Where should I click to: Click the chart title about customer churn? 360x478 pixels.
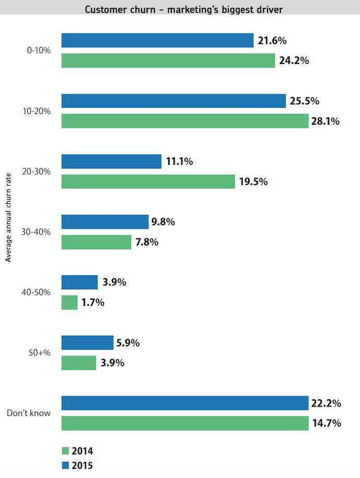pyautogui.click(x=180, y=9)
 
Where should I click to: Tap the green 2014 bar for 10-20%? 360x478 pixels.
pyautogui.click(x=185, y=121)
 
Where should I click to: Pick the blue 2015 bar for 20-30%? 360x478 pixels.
pyautogui.click(x=111, y=162)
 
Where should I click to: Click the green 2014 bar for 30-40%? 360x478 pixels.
pyautogui.click(x=96, y=242)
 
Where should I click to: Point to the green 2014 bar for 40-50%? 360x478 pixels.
pyautogui.click(x=69, y=302)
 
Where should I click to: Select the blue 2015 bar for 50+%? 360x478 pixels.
pyautogui.click(x=87, y=342)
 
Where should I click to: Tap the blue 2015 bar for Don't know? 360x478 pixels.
pyautogui.click(x=185, y=403)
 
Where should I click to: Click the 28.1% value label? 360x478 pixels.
pyautogui.click(x=326, y=121)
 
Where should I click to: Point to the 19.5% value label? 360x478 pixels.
pyautogui.click(x=254, y=182)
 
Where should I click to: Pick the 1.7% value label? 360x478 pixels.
pyautogui.click(x=93, y=302)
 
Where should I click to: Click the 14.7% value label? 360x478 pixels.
pyautogui.click(x=327, y=423)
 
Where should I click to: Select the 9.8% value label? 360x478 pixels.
pyautogui.click(x=163, y=222)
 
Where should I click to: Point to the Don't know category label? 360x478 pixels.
pyautogui.click(x=29, y=413)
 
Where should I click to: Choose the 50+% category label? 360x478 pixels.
pyautogui.click(x=40, y=353)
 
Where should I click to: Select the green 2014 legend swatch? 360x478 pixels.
pyautogui.click(x=65, y=451)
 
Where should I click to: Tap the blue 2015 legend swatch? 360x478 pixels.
pyautogui.click(x=65, y=465)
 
